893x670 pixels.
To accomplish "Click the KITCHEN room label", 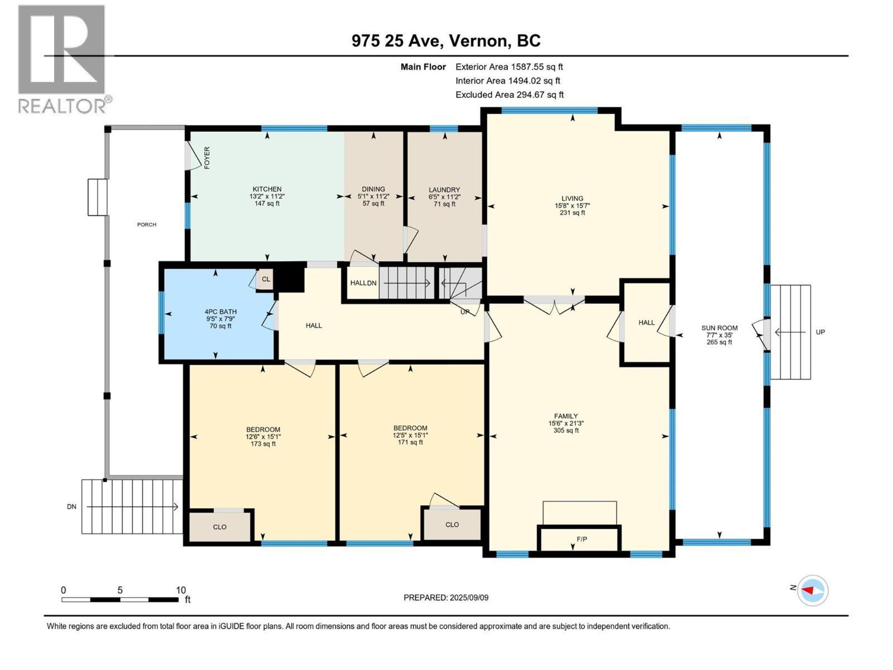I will pos(267,189).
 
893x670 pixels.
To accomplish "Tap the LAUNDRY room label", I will pos(444,190).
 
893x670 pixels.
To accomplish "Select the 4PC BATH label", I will pos(220,312).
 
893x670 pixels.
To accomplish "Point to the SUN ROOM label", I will pos(719,328).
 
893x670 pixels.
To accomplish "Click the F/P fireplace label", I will pos(582,539).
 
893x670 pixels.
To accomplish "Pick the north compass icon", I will pos(813,590).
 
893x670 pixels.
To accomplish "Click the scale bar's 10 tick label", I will pos(181,590).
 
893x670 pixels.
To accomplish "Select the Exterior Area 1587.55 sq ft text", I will pos(509,66).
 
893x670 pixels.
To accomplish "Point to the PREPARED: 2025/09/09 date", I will pos(446,597).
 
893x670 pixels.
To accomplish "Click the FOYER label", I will pos(207,158).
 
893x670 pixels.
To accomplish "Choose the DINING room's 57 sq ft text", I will pos(373,204).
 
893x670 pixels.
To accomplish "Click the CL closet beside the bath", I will pos(266,279).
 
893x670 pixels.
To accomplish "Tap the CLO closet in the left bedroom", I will pos(219,527).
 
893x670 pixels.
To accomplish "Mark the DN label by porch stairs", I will pos(71,506).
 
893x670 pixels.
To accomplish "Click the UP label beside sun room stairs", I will pos(820,332).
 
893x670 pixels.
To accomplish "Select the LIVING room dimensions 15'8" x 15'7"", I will pos(572,205).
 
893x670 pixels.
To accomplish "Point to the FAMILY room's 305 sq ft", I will pos(565,430).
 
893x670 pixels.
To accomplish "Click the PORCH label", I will pos(147,224).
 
